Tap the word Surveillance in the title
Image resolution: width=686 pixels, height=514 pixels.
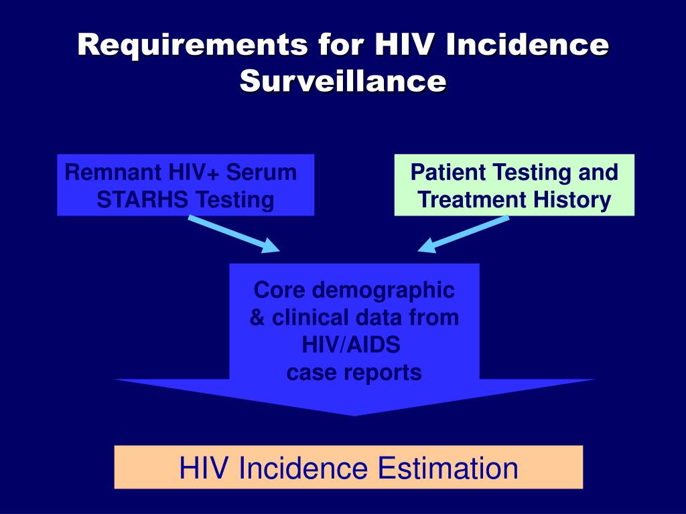point(343,81)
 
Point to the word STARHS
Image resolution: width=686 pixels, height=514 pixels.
point(134,199)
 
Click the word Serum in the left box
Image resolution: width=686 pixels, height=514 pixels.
point(261,173)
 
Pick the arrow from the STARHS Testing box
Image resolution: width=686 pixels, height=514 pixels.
point(234,234)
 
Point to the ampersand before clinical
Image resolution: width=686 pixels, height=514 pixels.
point(257,317)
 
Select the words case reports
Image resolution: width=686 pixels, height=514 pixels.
point(354,372)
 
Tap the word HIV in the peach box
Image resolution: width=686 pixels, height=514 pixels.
point(205,468)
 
